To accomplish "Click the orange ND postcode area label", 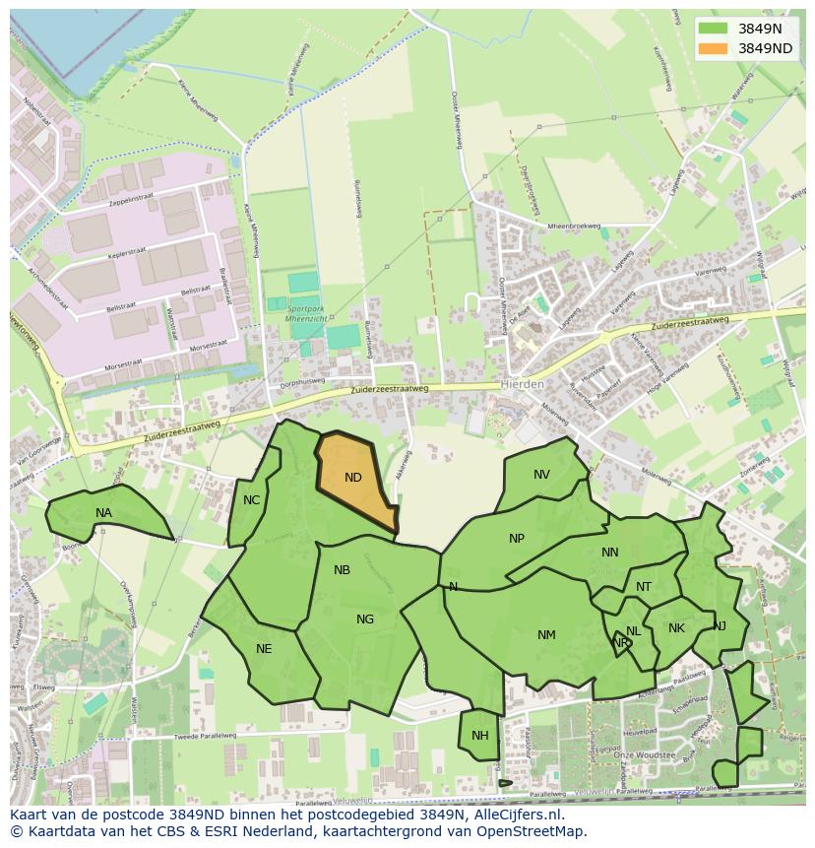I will coord(353,478).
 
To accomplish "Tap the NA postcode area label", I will coord(103,513).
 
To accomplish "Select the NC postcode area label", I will coord(251,500).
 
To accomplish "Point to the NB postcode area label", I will coord(342,570).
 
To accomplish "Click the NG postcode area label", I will coord(365,620).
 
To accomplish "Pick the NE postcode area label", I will coord(264,649).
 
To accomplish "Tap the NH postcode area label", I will coord(480,736).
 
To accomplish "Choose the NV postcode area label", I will coord(541,475).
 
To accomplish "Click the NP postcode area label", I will coord(517,539).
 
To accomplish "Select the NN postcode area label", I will coord(610,553).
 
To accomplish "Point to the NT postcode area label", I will coord(644,587).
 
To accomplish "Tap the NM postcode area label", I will coord(546,635).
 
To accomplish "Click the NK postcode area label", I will coord(676,628).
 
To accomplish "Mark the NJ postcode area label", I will coord(720,625).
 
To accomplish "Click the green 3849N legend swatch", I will coord(713,29).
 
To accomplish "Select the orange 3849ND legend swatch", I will coord(713,48).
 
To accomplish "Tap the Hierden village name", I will coord(522,384).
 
